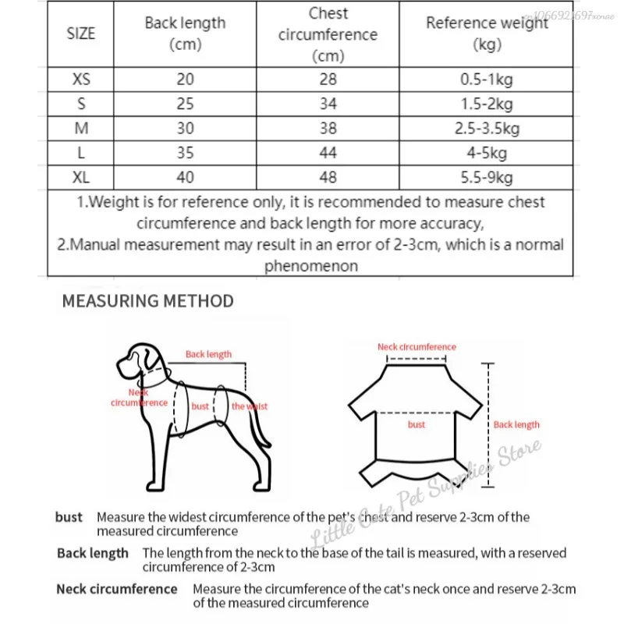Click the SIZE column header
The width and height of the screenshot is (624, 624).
pyautogui.click(x=81, y=34)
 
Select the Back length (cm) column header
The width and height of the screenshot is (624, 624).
pyautogui.click(x=185, y=34)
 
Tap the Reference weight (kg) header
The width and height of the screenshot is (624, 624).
pyautogui.click(x=487, y=34)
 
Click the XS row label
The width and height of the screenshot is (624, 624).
pyautogui.click(x=81, y=80)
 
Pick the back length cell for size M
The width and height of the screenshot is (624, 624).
pyautogui.click(x=185, y=129)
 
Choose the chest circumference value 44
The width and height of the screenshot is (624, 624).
pyautogui.click(x=328, y=153)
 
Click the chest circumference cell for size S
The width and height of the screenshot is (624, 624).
pyautogui.click(x=328, y=104)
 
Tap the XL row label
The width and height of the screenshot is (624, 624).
pyautogui.click(x=81, y=178)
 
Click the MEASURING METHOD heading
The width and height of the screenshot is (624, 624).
pyautogui.click(x=147, y=301)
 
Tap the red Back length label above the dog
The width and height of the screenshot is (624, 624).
pyautogui.click(x=208, y=354)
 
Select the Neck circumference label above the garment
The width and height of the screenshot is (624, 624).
pyautogui.click(x=417, y=347)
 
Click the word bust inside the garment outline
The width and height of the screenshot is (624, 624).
pyautogui.click(x=417, y=425)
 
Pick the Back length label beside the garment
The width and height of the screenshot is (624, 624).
pyautogui.click(x=516, y=425)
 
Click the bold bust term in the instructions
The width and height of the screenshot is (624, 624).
pyautogui.click(x=69, y=517)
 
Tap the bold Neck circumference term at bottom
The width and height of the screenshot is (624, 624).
pyautogui.click(x=116, y=589)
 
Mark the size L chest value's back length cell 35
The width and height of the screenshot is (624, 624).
pyautogui.click(x=185, y=153)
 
